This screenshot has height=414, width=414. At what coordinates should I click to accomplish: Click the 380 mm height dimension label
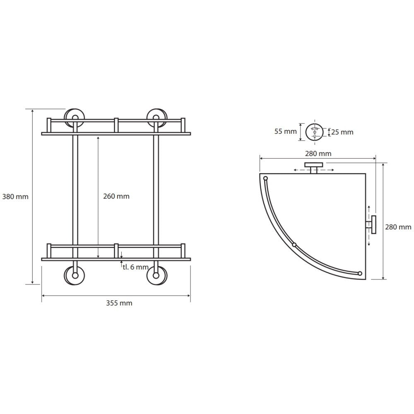(x=15, y=197)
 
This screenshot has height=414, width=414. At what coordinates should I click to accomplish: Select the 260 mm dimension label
(x=116, y=196)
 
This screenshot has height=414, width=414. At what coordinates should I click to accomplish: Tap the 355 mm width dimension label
(x=119, y=303)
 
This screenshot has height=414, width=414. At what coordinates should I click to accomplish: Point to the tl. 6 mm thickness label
(x=135, y=267)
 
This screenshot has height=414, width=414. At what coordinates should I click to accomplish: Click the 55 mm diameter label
(x=285, y=131)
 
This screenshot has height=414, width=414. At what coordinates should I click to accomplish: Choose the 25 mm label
(x=342, y=132)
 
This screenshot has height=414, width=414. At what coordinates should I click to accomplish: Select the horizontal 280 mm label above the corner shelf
(x=318, y=154)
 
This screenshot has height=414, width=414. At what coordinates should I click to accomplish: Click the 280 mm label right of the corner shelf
(x=398, y=227)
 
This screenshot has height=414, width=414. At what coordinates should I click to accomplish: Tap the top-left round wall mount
(x=75, y=117)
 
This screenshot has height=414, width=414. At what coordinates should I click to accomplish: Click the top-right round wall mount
(x=156, y=117)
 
